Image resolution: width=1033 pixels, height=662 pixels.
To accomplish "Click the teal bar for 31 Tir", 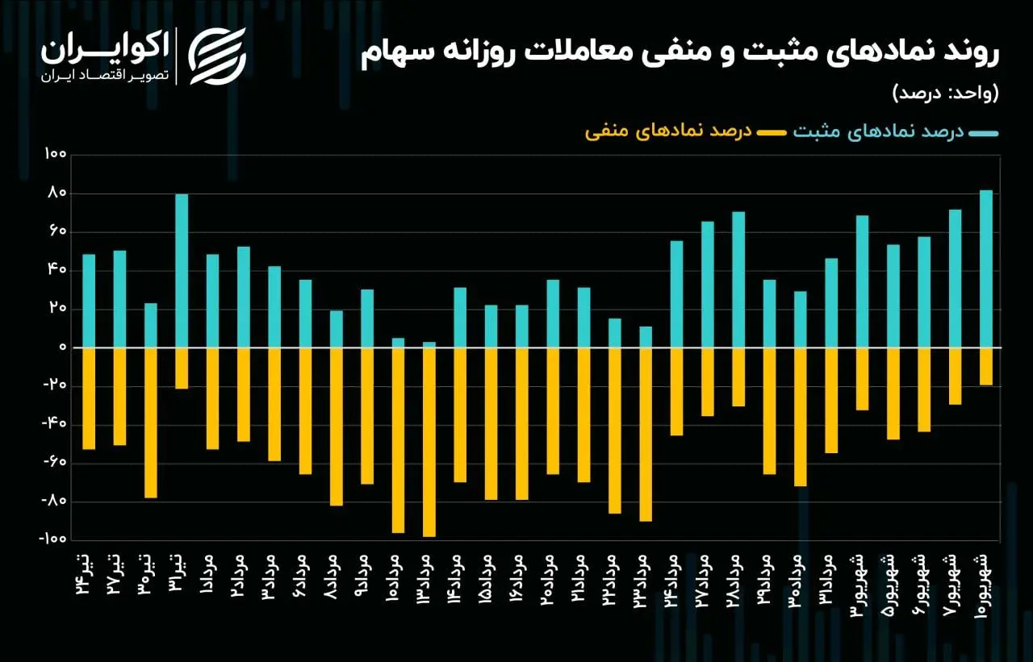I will click(x=182, y=270).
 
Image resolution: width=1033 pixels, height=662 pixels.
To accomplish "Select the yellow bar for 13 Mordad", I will click(x=429, y=442).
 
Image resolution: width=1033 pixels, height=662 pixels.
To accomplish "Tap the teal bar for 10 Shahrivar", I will click(x=985, y=269).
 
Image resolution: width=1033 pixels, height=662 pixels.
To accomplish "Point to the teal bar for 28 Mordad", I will click(x=738, y=279).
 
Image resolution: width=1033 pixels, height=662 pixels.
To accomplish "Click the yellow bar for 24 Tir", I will click(x=89, y=398).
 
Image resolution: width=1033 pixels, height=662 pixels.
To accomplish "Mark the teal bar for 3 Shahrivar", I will click(x=862, y=281).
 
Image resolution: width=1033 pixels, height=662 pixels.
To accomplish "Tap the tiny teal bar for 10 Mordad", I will click(x=398, y=343).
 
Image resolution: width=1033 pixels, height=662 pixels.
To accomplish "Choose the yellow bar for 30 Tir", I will click(x=151, y=423).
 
